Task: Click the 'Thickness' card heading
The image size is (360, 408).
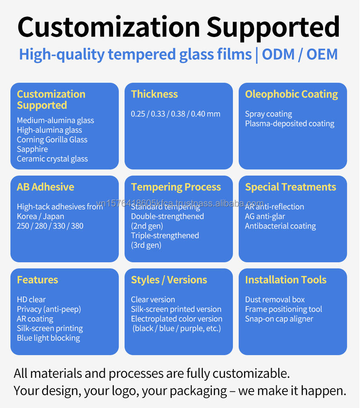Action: click(x=154, y=94)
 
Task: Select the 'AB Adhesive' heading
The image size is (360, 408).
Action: click(x=45, y=187)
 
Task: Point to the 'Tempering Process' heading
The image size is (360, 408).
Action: click(x=176, y=187)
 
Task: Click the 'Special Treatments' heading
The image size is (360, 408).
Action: click(x=290, y=187)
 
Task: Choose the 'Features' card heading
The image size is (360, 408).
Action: click(x=37, y=280)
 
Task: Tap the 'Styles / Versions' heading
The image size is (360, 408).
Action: click(x=169, y=280)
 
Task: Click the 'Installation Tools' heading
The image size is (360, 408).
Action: click(x=286, y=280)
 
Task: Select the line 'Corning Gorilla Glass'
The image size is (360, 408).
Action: click(x=52, y=140)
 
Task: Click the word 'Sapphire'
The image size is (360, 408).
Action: click(x=32, y=149)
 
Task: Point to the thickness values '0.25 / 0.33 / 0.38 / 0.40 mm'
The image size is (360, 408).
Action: click(x=176, y=114)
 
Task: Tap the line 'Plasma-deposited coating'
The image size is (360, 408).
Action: click(x=290, y=124)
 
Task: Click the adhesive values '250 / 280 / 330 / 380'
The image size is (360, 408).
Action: click(x=50, y=226)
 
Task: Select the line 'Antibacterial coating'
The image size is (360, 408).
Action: click(x=281, y=226)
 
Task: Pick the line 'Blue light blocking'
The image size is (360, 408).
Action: click(x=48, y=338)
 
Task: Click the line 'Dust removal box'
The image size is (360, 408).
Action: click(x=275, y=300)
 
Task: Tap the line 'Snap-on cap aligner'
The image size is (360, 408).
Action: click(x=279, y=319)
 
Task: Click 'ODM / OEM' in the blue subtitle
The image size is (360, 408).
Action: click(x=300, y=55)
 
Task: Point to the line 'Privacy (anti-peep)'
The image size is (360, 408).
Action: click(x=49, y=309)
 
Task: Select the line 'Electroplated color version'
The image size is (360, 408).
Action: click(x=177, y=319)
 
